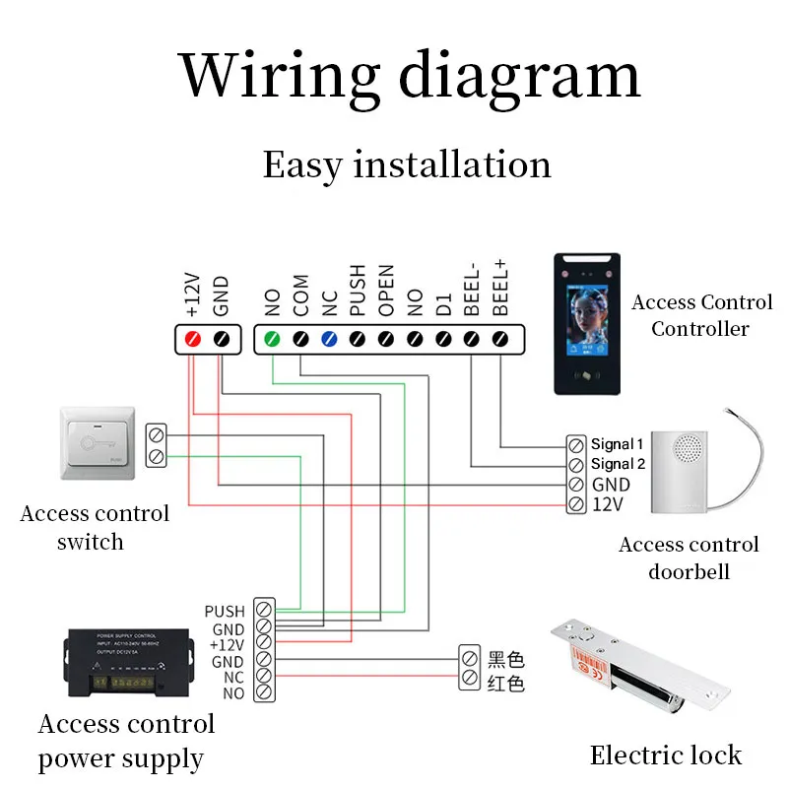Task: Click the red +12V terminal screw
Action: [194, 340]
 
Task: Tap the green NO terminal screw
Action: [273, 340]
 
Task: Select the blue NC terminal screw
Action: [330, 340]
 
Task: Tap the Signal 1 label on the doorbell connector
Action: [617, 444]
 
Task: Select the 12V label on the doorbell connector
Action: [607, 504]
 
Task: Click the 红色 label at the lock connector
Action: [506, 683]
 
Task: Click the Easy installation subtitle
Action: [407, 164]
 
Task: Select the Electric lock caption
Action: [665, 755]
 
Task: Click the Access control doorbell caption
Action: [689, 558]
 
